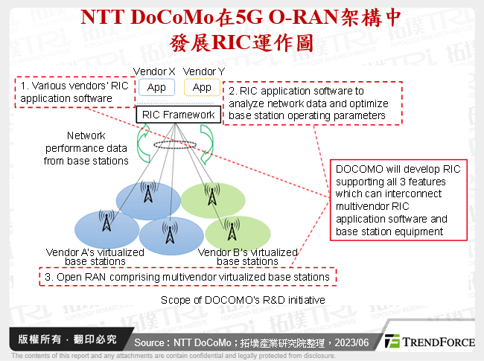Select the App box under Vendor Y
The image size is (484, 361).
click(202, 88)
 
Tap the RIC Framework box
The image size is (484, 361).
click(178, 115)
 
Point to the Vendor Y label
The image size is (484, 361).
click(203, 71)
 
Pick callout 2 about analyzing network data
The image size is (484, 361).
click(313, 103)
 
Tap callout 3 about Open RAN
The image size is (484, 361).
click(186, 277)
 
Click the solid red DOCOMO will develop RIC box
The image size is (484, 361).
click(398, 199)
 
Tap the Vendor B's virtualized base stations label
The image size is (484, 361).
click(248, 257)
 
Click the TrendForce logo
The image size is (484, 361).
click(430, 342)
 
